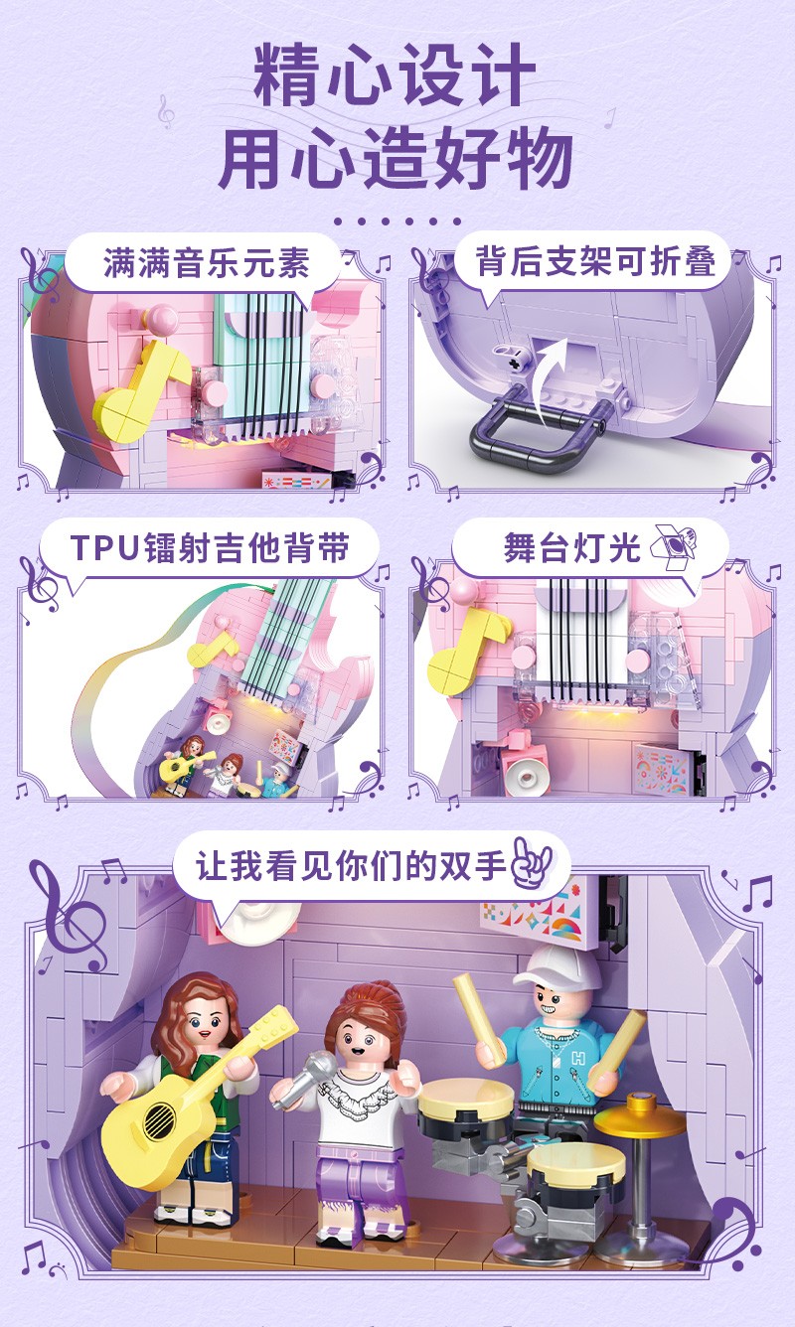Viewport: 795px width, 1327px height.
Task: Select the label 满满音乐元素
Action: (x=207, y=263)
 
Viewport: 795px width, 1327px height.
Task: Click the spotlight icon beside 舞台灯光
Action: (x=673, y=545)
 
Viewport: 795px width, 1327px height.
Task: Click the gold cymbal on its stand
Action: (x=640, y=1118)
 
